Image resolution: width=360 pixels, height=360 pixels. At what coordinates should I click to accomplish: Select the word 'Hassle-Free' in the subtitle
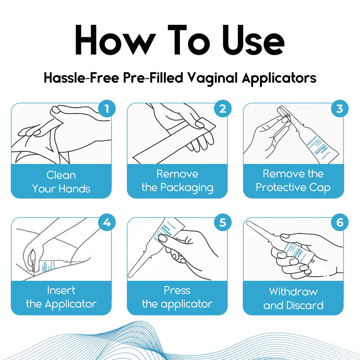pos(80,78)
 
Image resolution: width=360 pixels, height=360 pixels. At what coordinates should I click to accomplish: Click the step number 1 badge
pos(107,108)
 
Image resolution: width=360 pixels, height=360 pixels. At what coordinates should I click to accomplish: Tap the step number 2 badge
pos(223,108)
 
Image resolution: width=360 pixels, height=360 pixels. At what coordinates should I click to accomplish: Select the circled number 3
pos(339,108)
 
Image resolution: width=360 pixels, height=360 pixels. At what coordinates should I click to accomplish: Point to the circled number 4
pos(107,223)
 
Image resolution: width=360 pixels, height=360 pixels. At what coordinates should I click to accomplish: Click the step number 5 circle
pos(223,223)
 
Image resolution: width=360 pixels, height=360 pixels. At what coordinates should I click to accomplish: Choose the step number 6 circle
pos(339,223)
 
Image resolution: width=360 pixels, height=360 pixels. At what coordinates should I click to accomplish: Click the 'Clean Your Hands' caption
pos(61,182)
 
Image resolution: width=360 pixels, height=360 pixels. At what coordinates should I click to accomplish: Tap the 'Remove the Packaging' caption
pos(177,181)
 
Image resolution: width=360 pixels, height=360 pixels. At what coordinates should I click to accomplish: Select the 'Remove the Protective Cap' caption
pos(293,181)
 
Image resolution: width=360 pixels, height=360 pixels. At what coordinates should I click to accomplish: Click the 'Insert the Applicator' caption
pos(61,297)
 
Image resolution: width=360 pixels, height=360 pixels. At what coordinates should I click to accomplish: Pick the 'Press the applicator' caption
pos(177,297)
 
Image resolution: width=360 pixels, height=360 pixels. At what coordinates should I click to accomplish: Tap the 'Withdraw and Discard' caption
pos(293,298)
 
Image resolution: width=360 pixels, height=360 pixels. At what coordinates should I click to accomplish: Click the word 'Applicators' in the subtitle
pos(279,78)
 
